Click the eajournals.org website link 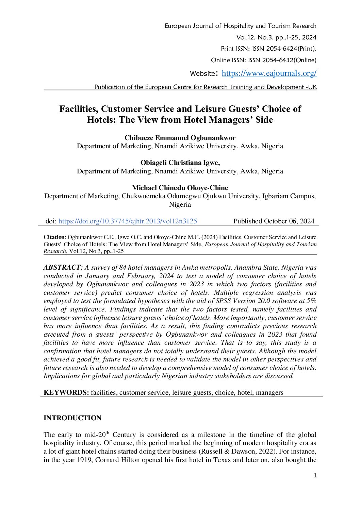point(269,73)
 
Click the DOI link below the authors point(128,221)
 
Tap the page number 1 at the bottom point(315,476)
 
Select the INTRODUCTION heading point(72,418)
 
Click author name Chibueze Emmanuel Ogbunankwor point(180,138)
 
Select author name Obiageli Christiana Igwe point(180,163)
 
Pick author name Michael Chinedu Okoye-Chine point(180,188)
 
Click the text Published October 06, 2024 point(274,221)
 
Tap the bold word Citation point(54,237)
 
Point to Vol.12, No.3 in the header point(255,37)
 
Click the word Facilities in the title point(79,109)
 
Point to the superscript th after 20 point(107,432)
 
